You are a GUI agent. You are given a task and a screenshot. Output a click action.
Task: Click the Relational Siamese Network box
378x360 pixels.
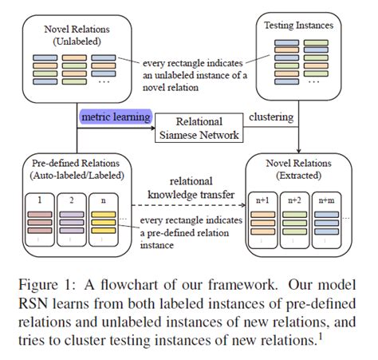tap(199, 128)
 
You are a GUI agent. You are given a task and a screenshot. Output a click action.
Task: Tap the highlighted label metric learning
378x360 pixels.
tap(116, 117)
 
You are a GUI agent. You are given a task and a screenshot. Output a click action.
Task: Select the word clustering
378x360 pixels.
tap(271, 117)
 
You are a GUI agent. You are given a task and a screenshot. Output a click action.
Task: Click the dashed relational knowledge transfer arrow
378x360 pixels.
tap(188, 205)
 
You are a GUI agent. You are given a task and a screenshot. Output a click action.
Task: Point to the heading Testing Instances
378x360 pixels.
tap(298, 26)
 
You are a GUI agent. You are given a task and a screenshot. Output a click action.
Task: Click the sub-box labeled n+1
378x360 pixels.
tap(262, 220)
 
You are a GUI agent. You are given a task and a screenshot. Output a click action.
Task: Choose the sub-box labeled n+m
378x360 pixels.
tap(326, 220)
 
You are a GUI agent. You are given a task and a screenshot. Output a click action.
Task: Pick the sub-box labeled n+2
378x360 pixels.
tap(294, 220)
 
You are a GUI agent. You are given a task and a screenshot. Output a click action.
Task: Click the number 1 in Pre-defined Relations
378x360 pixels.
tap(40, 200)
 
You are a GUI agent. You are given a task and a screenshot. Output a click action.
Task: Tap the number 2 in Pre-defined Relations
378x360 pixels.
tap(72, 200)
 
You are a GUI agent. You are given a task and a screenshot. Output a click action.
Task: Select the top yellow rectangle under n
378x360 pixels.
tap(104, 215)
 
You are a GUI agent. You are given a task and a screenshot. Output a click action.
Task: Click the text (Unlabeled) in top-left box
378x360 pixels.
tap(77, 42)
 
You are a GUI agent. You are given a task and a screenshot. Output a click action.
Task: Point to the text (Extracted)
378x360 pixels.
tap(298, 176)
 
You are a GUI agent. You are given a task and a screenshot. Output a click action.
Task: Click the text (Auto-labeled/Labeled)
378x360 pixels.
tap(77, 176)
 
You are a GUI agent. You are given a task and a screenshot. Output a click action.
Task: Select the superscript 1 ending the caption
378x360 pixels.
tap(321, 337)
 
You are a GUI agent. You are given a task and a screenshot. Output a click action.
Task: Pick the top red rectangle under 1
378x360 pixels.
tap(40, 215)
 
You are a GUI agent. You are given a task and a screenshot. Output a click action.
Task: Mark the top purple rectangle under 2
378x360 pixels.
tap(72, 215)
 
